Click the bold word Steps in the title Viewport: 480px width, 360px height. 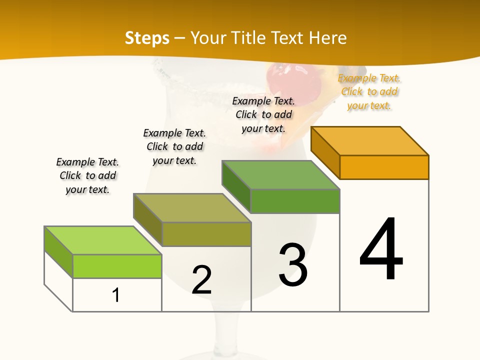point(147,38)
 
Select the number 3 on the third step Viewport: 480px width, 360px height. point(293,264)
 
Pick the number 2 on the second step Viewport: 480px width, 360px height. point(201,279)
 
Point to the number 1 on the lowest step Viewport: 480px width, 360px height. point(116,295)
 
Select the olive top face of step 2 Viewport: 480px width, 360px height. point(192,207)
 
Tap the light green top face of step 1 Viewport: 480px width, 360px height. point(102,240)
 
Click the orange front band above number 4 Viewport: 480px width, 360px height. point(384,167)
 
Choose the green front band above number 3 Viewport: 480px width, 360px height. point(295,201)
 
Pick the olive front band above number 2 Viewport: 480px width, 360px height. point(206,234)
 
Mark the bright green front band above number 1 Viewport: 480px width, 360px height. point(117,266)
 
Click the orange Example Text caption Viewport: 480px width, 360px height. point(369,92)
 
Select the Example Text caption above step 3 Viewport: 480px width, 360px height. point(263,114)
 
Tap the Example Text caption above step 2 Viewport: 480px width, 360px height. point(174,146)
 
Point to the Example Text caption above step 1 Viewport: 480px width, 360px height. point(87,175)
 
